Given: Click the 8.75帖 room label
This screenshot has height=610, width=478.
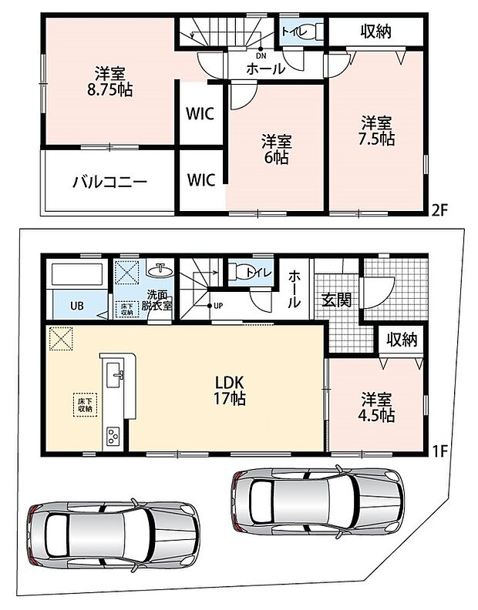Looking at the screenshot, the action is point(109,82).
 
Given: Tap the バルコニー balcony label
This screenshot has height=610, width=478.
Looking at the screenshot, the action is point(109,182).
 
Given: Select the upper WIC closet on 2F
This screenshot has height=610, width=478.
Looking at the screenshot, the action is point(200,114).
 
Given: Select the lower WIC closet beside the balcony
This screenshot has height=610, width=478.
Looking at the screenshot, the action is point(201,180).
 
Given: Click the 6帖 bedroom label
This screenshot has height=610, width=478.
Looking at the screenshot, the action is point(277,149).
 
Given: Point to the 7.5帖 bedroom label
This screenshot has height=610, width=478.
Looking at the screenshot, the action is point(376,131).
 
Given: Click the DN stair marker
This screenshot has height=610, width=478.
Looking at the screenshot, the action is point(261,56).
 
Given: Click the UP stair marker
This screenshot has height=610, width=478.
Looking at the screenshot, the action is point(218,306).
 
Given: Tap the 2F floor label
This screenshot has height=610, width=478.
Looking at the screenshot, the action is point(439,210).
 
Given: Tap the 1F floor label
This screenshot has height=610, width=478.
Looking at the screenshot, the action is point(439,451).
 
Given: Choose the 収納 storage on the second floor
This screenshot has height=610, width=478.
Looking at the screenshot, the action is point(375,31).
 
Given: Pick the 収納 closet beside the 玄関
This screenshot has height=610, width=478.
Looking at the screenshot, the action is point(402,340).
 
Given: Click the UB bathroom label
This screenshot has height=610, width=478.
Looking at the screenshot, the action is point(77,306).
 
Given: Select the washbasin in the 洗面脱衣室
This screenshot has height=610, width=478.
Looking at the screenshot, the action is point(160,270).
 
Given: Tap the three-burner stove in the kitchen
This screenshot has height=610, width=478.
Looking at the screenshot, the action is point(113,436).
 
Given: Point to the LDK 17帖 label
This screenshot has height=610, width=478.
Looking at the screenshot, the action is point(230,390).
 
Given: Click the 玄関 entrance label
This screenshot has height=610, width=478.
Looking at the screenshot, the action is point(337,300).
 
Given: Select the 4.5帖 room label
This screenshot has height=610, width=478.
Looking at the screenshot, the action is point(376,407).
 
